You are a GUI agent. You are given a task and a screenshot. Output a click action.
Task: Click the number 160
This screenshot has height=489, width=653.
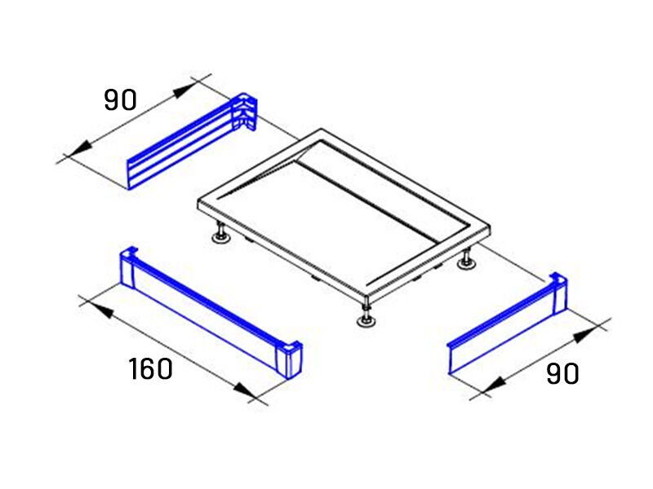click(150, 368)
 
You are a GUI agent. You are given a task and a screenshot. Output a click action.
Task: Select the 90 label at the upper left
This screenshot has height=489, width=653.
click(120, 99)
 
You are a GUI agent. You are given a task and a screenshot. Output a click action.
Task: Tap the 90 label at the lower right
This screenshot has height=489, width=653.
click(562, 373)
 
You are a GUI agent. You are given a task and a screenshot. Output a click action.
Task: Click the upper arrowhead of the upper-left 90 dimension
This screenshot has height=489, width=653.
click(184, 90)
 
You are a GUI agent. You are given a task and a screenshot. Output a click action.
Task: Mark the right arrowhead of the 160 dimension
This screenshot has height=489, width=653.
click(244, 390)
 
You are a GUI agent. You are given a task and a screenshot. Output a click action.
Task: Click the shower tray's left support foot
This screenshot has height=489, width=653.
click(220, 234)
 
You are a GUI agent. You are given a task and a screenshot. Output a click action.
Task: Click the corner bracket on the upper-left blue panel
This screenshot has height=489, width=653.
click(245, 111)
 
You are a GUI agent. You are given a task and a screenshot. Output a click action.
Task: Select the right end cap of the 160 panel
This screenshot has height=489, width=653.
click(289, 359)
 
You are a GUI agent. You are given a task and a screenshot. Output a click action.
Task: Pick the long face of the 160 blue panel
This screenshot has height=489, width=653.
click(205, 315)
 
